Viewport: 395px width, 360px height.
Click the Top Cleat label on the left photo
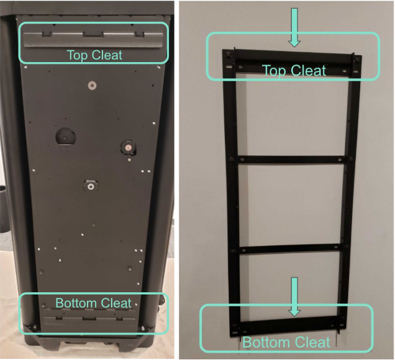pyautogui.click(x=94, y=55)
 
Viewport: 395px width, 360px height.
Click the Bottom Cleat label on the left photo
pyautogui.click(x=93, y=303)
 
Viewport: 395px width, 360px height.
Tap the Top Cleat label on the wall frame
pyautogui.click(x=294, y=70)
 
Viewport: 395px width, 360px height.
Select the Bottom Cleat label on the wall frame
pyautogui.click(x=286, y=342)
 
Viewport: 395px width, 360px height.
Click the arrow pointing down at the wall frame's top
pyautogui.click(x=294, y=27)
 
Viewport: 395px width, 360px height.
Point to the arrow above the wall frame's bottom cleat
pyautogui.click(x=294, y=297)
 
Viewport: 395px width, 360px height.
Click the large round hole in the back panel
pyautogui.click(x=65, y=137)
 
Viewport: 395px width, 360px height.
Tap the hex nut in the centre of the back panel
pyautogui.click(x=90, y=186)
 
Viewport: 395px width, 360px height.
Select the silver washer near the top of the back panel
pyautogui.click(x=93, y=85)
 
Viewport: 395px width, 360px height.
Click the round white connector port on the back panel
pyautogui.click(x=128, y=148)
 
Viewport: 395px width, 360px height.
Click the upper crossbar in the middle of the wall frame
pyautogui.click(x=291, y=160)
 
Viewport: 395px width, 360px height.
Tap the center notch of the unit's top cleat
pyautogui.click(x=93, y=35)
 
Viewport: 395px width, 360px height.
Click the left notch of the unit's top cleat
pyautogui.click(x=47, y=34)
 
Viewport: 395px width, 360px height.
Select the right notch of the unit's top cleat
pyautogui.click(x=139, y=35)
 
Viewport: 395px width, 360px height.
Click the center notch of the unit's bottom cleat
pyautogui.click(x=89, y=318)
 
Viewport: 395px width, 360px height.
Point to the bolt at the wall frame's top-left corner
pyautogui.click(x=228, y=54)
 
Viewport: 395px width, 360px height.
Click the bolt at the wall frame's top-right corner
pyautogui.click(x=356, y=60)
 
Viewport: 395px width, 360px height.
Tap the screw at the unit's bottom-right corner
pyautogui.click(x=143, y=328)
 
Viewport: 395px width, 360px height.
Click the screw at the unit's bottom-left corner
pyautogui.click(x=35, y=327)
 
